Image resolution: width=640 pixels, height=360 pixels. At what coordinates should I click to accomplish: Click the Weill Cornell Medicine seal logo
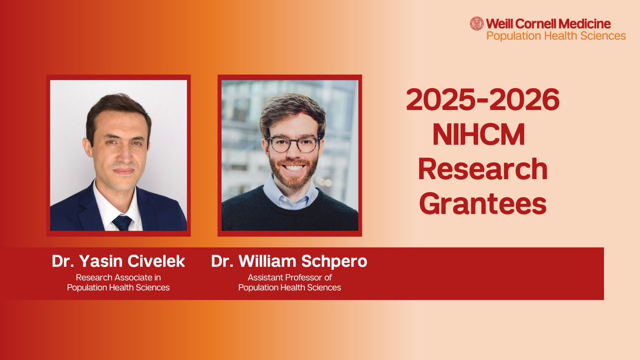(x=476, y=23)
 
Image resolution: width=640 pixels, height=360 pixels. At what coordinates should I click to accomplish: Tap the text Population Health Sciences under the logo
(x=556, y=36)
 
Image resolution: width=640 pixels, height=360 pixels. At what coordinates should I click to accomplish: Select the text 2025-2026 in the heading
(x=483, y=100)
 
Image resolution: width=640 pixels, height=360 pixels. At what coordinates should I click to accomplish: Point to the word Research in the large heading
(x=483, y=170)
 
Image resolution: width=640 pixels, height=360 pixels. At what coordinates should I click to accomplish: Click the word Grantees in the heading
(x=483, y=204)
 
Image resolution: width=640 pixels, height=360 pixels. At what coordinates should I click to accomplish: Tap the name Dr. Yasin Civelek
(x=118, y=262)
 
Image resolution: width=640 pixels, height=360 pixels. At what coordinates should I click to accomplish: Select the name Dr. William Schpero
(x=290, y=262)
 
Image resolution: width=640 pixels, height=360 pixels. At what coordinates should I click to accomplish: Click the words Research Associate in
(x=118, y=277)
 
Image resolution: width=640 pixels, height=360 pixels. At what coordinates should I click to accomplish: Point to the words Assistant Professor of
(x=290, y=277)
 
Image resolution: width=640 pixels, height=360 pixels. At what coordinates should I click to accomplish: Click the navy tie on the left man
(x=122, y=222)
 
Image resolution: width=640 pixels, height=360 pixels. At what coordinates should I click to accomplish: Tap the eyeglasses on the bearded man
(x=293, y=143)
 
